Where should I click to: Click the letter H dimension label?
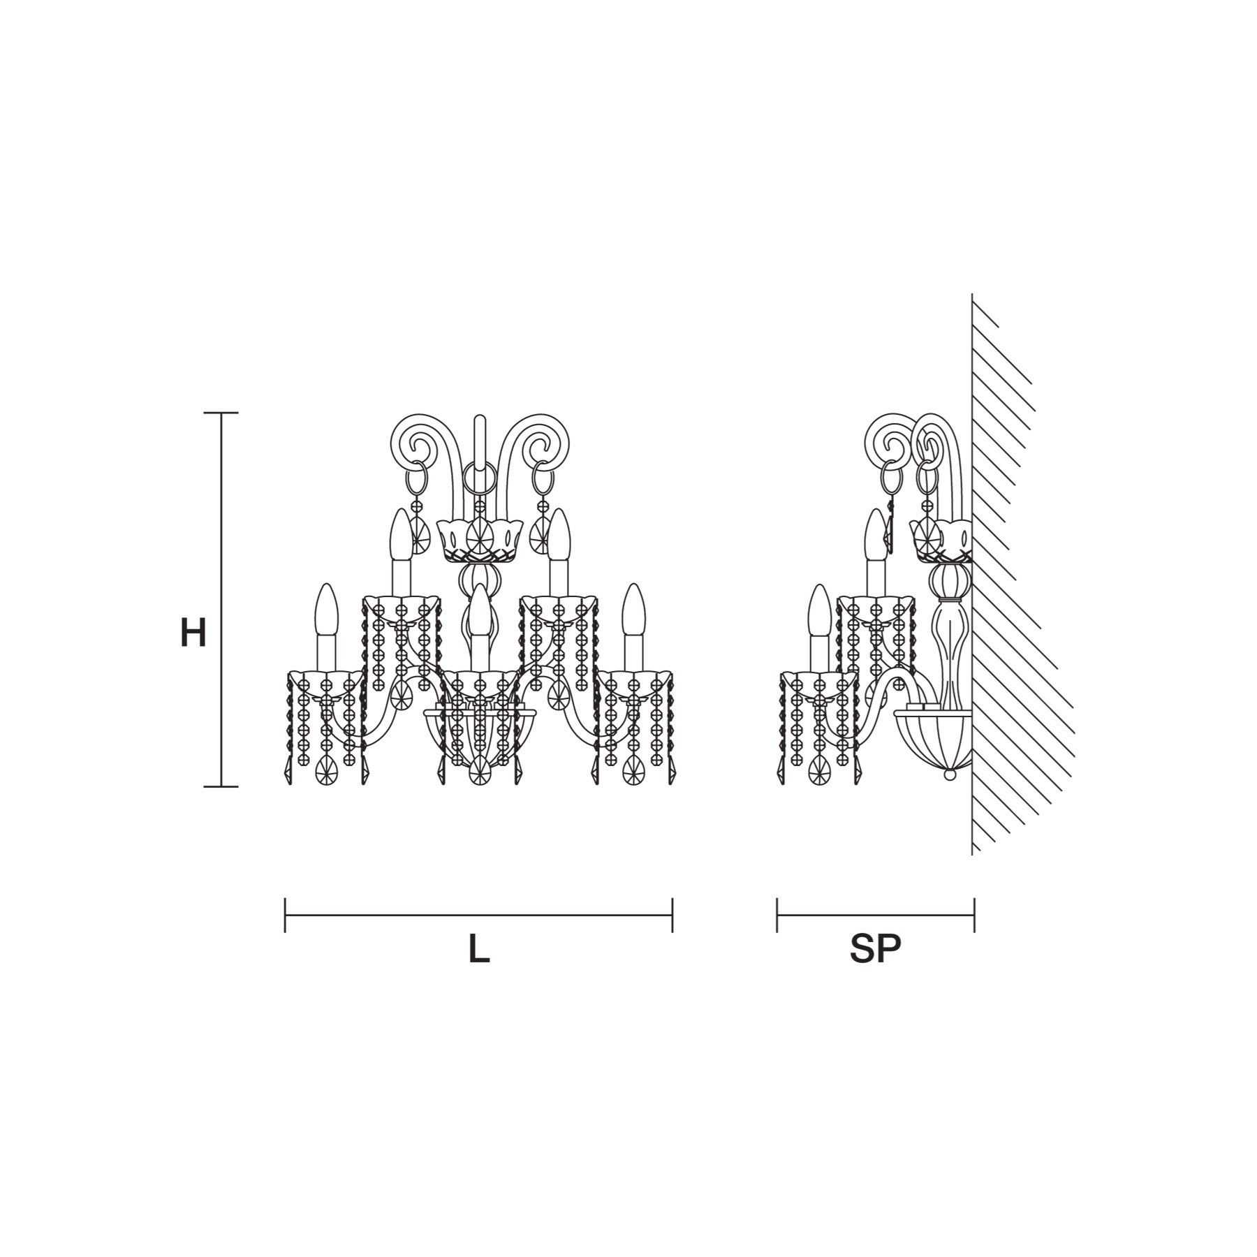pyautogui.click(x=193, y=634)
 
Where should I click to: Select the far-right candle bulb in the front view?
pyautogui.click(x=633, y=609)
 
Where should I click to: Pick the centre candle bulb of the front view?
pyautogui.click(x=480, y=609)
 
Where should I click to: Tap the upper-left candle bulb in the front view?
pyautogui.click(x=402, y=534)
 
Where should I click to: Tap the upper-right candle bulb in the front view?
pyautogui.click(x=559, y=534)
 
